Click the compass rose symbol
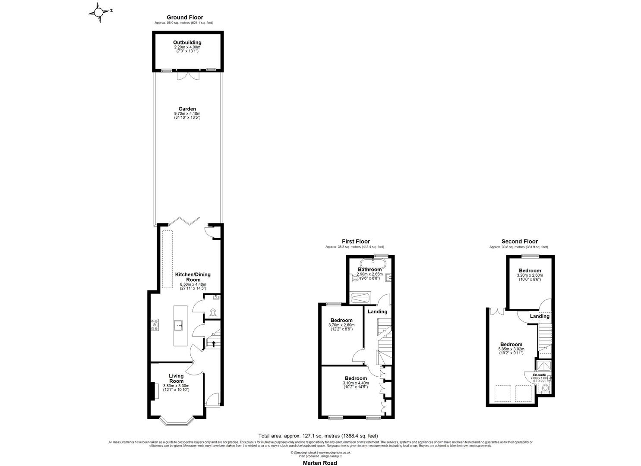tap(99, 12)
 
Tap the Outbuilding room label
tap(187, 42)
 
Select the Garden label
tap(187, 109)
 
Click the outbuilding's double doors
tap(187, 76)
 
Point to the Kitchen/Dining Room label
tap(193, 277)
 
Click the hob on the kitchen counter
tap(155, 325)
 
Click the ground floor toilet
tap(212, 312)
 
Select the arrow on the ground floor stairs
tap(212, 343)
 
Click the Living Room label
tap(176, 378)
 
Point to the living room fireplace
tap(152, 391)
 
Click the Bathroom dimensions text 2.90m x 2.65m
tap(369, 274)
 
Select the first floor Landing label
tap(377, 312)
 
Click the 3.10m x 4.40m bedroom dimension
tap(356, 383)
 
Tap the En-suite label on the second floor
tap(539, 375)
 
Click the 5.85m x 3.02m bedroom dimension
tap(511, 349)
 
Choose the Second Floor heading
tap(519, 242)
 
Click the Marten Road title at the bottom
tap(319, 463)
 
